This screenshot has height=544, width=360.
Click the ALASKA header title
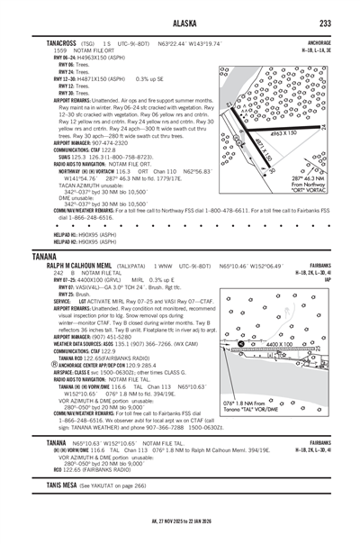180,23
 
